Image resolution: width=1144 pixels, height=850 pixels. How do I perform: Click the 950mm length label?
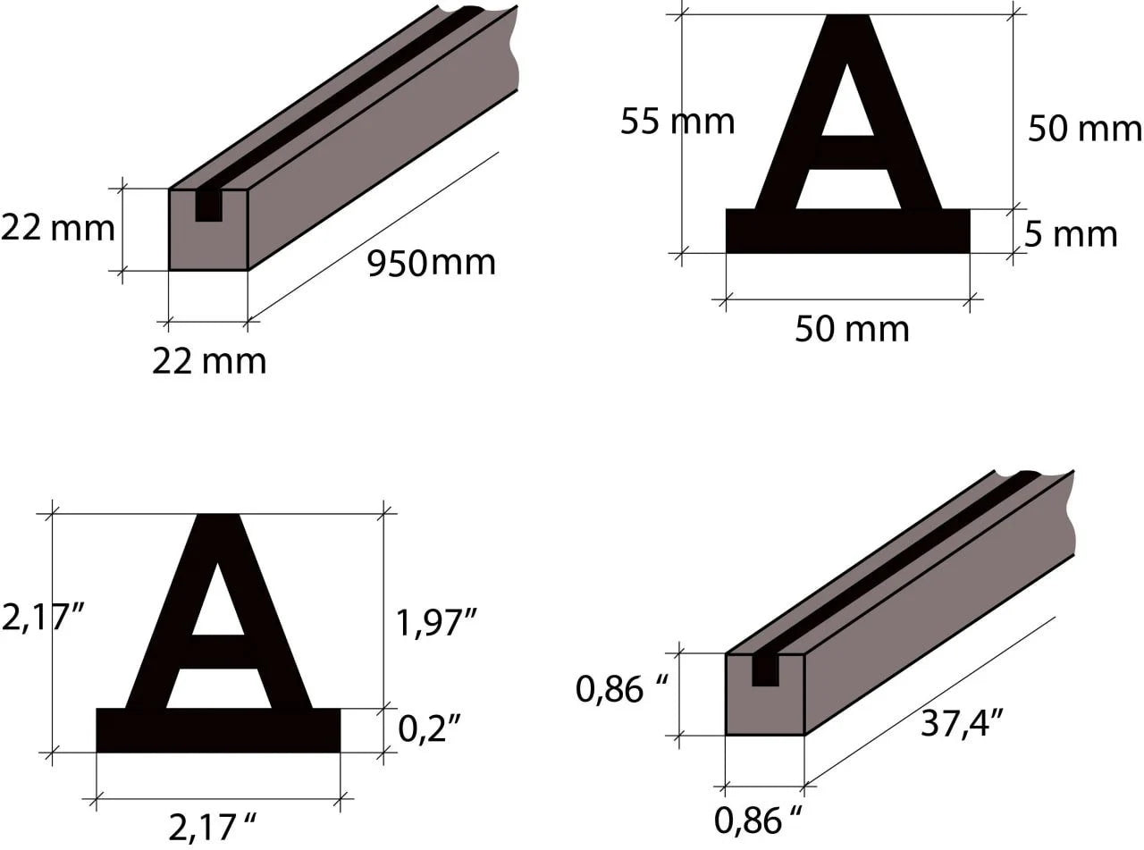pos(431,263)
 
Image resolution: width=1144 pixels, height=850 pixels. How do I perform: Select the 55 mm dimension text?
pos(677,121)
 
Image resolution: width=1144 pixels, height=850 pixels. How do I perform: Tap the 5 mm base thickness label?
pos(1070,234)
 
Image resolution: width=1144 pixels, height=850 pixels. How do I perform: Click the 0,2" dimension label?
pos(429,729)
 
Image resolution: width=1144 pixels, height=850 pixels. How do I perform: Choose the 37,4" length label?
pos(961,721)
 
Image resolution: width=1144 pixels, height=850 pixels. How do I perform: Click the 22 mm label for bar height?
pos(57,228)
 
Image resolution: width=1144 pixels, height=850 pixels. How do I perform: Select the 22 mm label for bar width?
pos(209,360)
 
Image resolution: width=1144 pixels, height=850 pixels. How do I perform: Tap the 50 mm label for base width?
pos(851,329)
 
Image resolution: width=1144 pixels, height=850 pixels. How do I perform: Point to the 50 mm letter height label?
pos(1084,129)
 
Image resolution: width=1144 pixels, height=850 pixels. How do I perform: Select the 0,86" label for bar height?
pos(623,689)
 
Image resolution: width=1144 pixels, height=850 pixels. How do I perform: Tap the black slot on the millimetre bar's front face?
pos(208,206)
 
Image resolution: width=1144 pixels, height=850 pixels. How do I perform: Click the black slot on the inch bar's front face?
pos(765,671)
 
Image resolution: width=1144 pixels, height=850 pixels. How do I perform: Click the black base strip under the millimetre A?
pos(847,231)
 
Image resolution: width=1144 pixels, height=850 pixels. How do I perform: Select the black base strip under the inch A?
pos(218,730)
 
